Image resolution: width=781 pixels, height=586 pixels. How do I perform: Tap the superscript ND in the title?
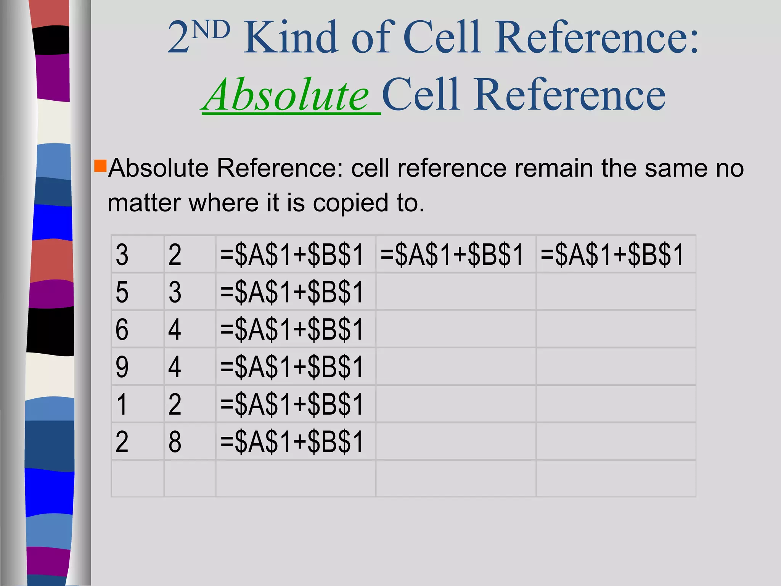pyautogui.click(x=211, y=31)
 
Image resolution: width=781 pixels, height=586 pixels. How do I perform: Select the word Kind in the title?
pyautogui.click(x=291, y=38)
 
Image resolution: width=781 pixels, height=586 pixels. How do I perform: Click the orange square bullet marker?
pyautogui.click(x=100, y=166)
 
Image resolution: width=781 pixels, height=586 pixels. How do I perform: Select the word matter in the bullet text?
pyautogui.click(x=144, y=203)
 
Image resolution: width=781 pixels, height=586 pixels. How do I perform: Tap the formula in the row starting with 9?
pyautogui.click(x=292, y=367)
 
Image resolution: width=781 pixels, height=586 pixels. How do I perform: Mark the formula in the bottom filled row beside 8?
pyautogui.click(x=292, y=442)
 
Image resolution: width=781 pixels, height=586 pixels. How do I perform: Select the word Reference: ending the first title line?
pyautogui.click(x=597, y=38)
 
